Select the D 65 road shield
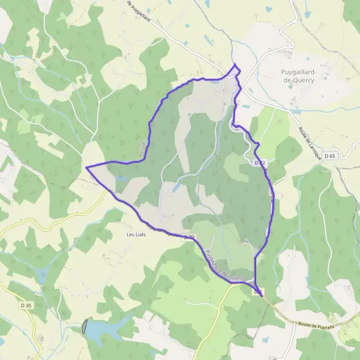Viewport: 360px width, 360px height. (x=330, y=156)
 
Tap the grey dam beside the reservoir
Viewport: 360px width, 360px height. (x=84, y=327)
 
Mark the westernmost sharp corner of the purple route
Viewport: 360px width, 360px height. (x=86, y=167)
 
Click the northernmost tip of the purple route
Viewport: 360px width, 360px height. (x=235, y=64)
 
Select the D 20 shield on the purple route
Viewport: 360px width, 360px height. (x=189, y=237)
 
